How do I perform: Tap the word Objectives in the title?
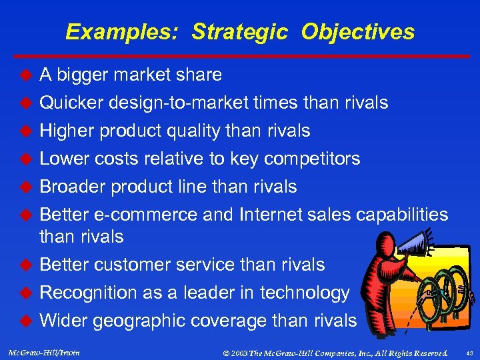357,32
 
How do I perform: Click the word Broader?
73,187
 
